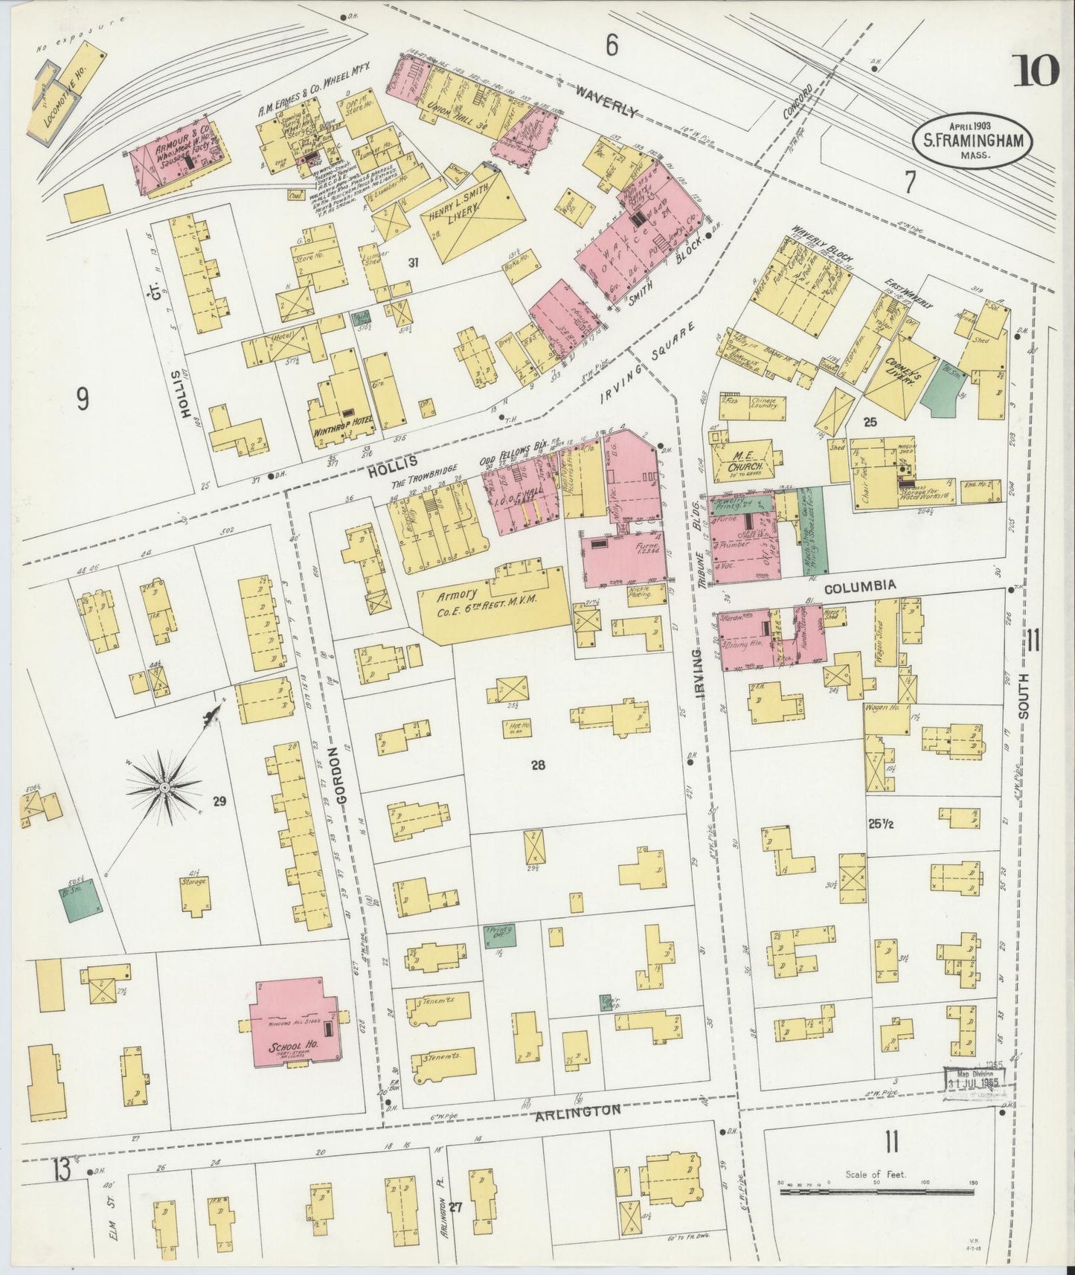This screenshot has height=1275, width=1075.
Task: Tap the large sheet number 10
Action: pos(1035,71)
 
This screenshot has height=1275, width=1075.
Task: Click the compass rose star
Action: pos(163,786)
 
